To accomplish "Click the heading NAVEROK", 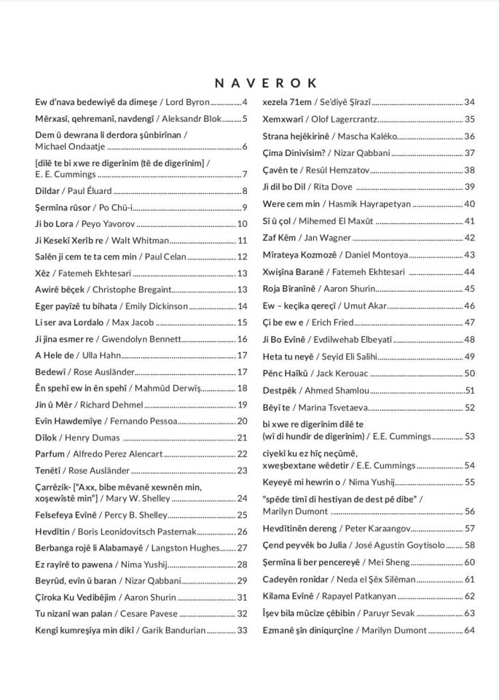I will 265,83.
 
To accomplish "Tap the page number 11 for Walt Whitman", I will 243,240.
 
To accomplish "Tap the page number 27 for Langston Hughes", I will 243,548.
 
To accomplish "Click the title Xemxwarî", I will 282,119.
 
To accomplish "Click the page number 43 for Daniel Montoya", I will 469,254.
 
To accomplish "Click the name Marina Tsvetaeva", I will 332,408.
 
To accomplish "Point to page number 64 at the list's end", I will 469,630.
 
